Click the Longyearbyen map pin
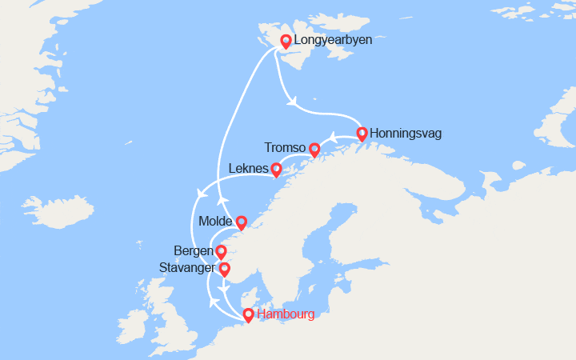tap(285, 41)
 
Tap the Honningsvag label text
tap(406, 134)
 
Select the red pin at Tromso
tap(314, 149)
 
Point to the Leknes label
tap(248, 169)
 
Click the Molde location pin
tap(240, 222)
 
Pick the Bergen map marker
tap(221, 252)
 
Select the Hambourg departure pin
tap(248, 315)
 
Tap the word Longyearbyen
tap(333, 39)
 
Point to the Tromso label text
tap(285, 148)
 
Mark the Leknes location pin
tap(276, 169)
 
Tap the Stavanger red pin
tap(225, 269)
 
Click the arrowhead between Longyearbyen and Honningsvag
tap(294, 101)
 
